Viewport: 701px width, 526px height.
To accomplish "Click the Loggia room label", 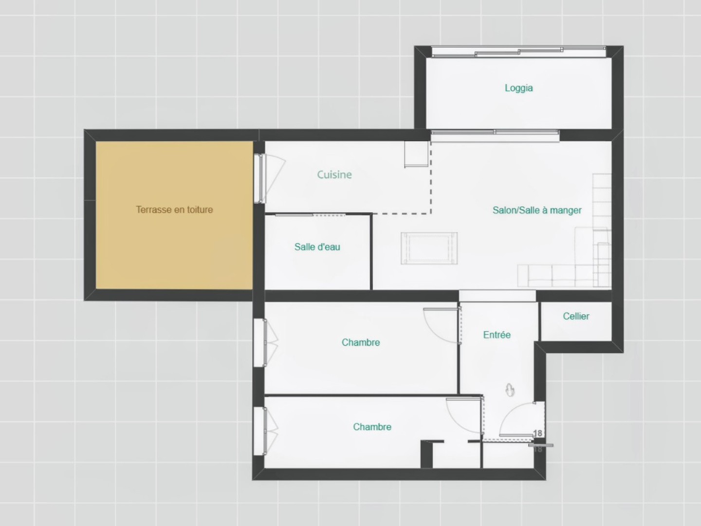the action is point(518,88).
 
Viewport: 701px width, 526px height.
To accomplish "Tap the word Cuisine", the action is point(334,174).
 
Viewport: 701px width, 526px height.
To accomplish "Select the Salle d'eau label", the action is point(317,247).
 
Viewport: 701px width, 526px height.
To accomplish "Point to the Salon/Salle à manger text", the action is point(537,210).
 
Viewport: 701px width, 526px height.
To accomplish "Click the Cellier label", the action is point(576,316).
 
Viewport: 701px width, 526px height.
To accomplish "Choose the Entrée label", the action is point(497,335).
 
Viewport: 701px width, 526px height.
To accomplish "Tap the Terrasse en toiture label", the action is point(174,209).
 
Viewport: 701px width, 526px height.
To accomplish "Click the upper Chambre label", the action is point(361,342).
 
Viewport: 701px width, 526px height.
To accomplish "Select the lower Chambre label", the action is point(372,427).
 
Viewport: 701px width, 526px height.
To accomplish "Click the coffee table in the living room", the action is point(429,248).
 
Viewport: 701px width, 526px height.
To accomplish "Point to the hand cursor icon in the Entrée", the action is point(510,390).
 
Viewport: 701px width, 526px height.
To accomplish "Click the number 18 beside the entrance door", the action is point(538,433).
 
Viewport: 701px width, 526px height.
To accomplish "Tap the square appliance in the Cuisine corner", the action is point(416,154).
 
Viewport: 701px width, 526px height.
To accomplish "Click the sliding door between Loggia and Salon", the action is point(495,135).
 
